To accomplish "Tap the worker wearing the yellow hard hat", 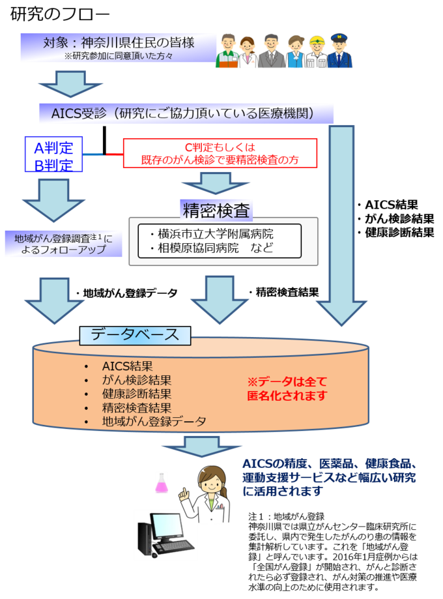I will click(317, 50).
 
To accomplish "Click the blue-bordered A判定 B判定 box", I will click(53, 154).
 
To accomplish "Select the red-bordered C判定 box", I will click(220, 154).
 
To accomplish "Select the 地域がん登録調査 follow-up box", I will click(63, 244).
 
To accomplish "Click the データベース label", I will click(135, 335).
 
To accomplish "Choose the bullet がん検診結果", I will click(136, 379).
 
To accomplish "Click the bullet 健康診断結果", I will click(136, 394).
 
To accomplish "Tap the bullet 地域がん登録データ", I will click(154, 422).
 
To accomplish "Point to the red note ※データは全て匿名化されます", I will click(287, 388).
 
